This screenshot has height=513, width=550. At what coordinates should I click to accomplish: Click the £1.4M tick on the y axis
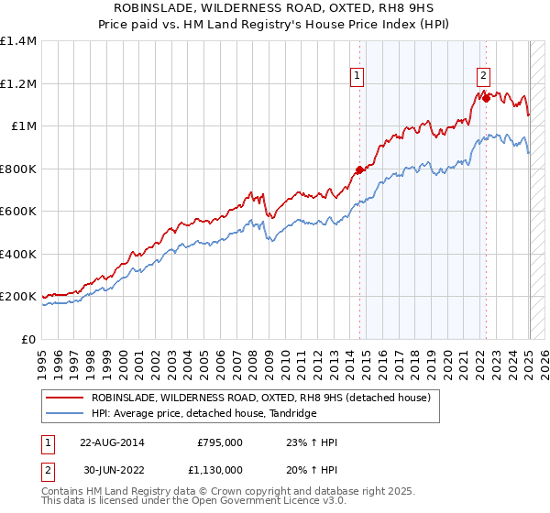coord(18,41)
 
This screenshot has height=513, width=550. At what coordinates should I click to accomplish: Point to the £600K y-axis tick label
coord(18,212)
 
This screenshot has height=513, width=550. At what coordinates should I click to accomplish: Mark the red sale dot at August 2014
coord(359,169)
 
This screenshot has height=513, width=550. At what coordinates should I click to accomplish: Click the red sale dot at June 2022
coord(486,98)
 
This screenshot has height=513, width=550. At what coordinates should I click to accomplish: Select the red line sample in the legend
coord(64,398)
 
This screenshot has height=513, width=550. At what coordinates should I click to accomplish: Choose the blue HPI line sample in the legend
coord(64,414)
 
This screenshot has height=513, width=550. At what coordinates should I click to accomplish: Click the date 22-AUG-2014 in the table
coord(111,442)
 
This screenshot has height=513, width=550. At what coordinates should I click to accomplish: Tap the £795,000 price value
coord(220,442)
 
